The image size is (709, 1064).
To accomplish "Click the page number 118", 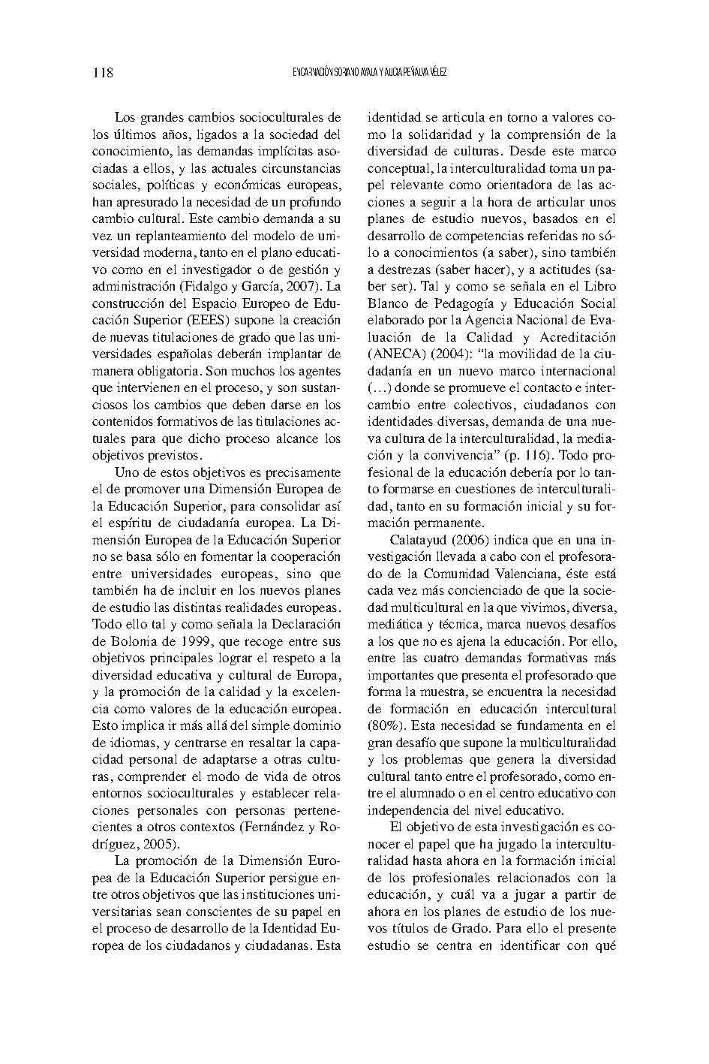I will click(x=102, y=73).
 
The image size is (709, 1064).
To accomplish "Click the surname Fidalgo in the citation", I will click(x=202, y=287).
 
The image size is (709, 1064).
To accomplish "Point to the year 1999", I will click(x=179, y=641).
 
